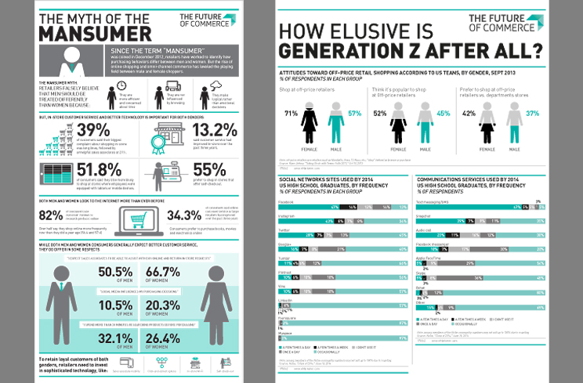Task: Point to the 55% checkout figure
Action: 211,170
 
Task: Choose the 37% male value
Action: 534,114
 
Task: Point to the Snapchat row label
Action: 425,211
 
